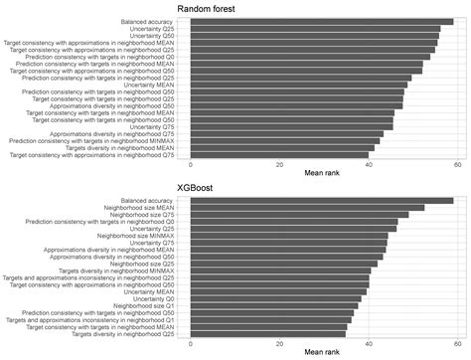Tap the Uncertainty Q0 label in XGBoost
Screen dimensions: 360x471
tap(152, 298)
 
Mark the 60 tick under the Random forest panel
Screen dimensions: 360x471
tap(457, 165)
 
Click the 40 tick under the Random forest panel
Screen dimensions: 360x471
tap(368, 165)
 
